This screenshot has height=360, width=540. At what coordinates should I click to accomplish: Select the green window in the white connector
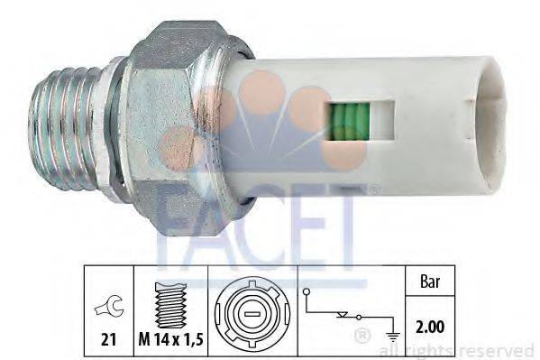pyautogui.click(x=346, y=120)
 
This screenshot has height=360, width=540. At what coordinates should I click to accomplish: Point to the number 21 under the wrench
pyautogui.click(x=107, y=341)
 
